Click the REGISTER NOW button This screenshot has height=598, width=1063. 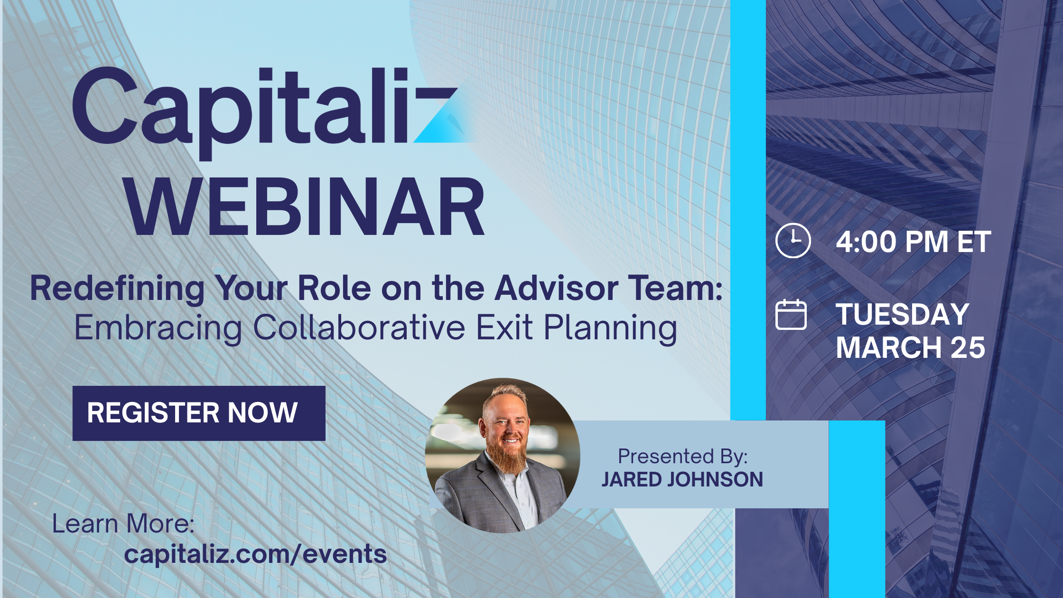199,413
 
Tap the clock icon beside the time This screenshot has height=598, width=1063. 793,240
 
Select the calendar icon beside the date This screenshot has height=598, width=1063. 791,314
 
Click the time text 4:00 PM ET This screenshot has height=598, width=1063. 914,242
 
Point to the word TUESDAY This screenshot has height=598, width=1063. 902,314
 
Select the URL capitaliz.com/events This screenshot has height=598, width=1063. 255,554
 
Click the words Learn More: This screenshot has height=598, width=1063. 123,524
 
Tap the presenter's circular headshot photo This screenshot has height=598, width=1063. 503,455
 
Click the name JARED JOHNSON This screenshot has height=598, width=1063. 682,479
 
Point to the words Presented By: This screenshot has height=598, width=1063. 682,457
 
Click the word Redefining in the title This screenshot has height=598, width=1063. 117,289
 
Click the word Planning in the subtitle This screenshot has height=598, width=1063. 610,328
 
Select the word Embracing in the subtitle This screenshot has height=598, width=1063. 159,328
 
